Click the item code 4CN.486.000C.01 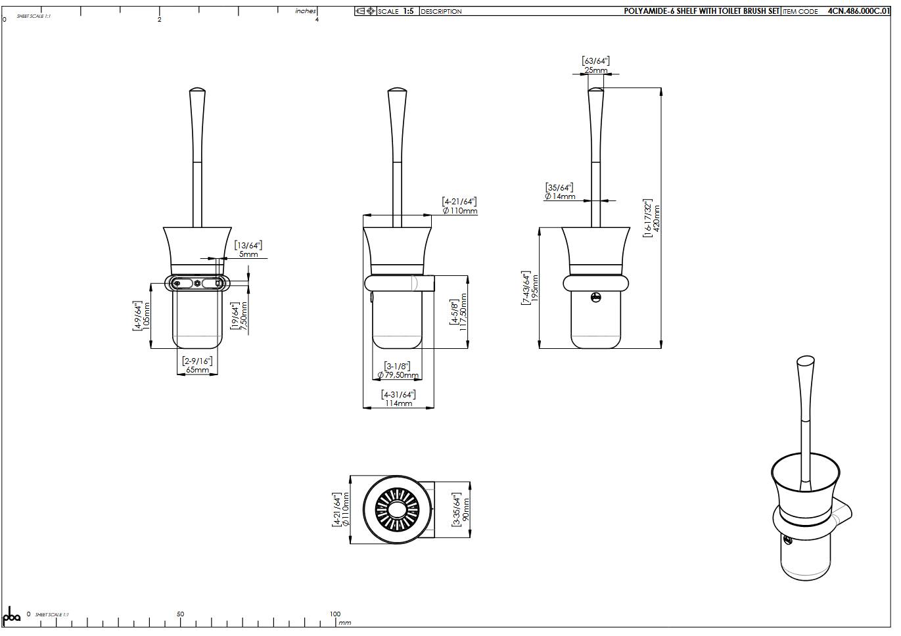click(860, 11)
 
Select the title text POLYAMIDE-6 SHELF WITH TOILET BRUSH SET click(701, 11)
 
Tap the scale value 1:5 click(408, 11)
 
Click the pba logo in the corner click(12, 617)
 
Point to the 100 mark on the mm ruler click(335, 614)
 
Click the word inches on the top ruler click(306, 11)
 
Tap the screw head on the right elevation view click(595, 298)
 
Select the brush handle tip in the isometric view click(805, 360)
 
